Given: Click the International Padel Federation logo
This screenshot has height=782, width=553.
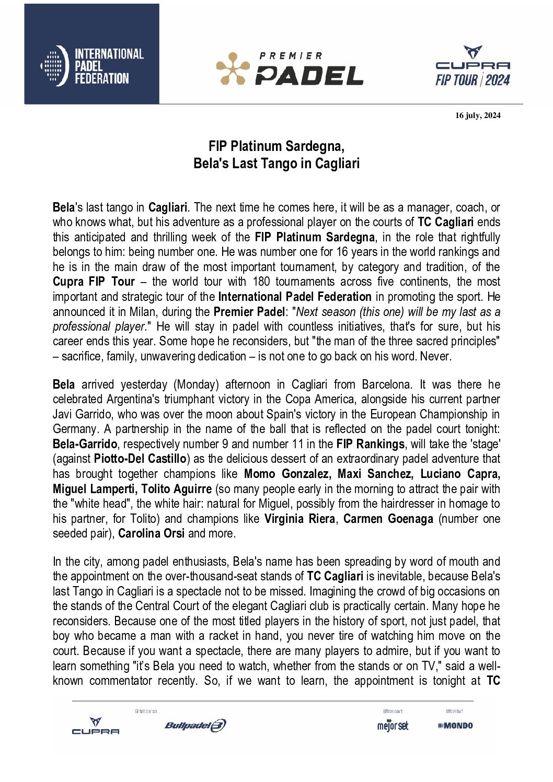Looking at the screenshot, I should (x=92, y=66).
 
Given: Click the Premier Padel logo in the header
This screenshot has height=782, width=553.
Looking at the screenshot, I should (x=290, y=68).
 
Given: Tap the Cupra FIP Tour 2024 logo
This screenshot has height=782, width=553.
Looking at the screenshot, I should (x=473, y=66).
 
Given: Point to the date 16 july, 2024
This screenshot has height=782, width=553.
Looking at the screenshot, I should (x=478, y=115).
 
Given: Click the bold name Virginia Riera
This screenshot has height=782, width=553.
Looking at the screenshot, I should (x=300, y=519).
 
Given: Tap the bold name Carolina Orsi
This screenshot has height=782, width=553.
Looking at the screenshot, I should (x=151, y=533).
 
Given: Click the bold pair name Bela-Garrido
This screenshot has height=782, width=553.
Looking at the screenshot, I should (x=85, y=444).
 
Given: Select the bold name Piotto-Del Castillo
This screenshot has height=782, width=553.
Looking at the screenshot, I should (x=140, y=459).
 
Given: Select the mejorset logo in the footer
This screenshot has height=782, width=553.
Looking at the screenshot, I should (x=393, y=726).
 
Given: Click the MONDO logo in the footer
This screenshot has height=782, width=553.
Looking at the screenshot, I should (x=455, y=725).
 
